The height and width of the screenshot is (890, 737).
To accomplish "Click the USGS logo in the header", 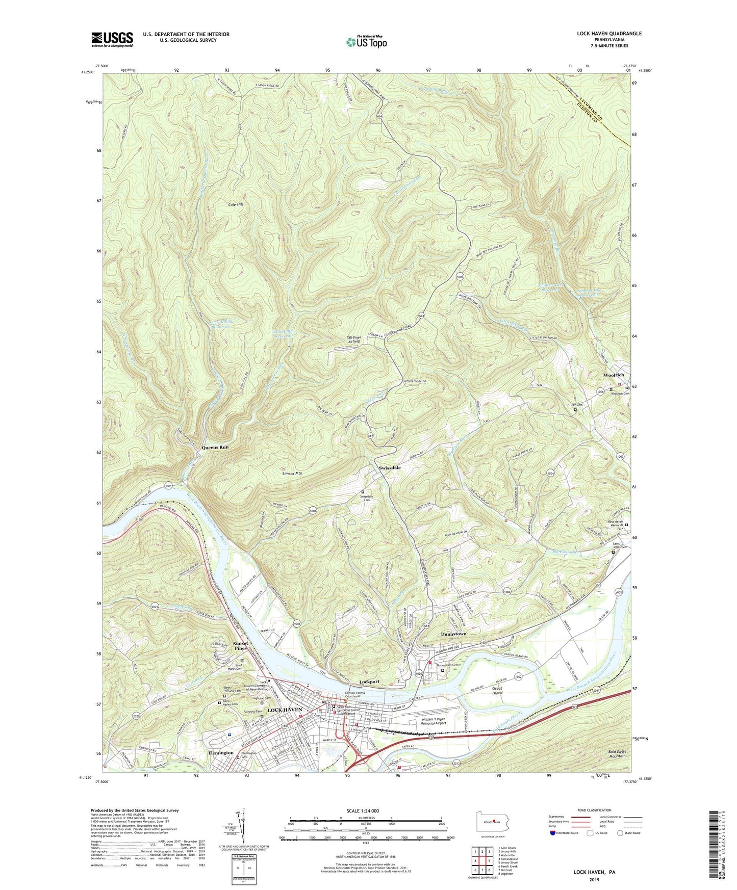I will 112,39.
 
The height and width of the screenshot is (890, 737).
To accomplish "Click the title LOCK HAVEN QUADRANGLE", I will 609,34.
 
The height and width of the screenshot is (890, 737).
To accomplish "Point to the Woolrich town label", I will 614,375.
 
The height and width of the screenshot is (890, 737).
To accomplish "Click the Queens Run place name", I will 215,447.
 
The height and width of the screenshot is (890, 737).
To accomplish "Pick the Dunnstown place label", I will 453,634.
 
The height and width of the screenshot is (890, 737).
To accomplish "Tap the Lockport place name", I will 369,682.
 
